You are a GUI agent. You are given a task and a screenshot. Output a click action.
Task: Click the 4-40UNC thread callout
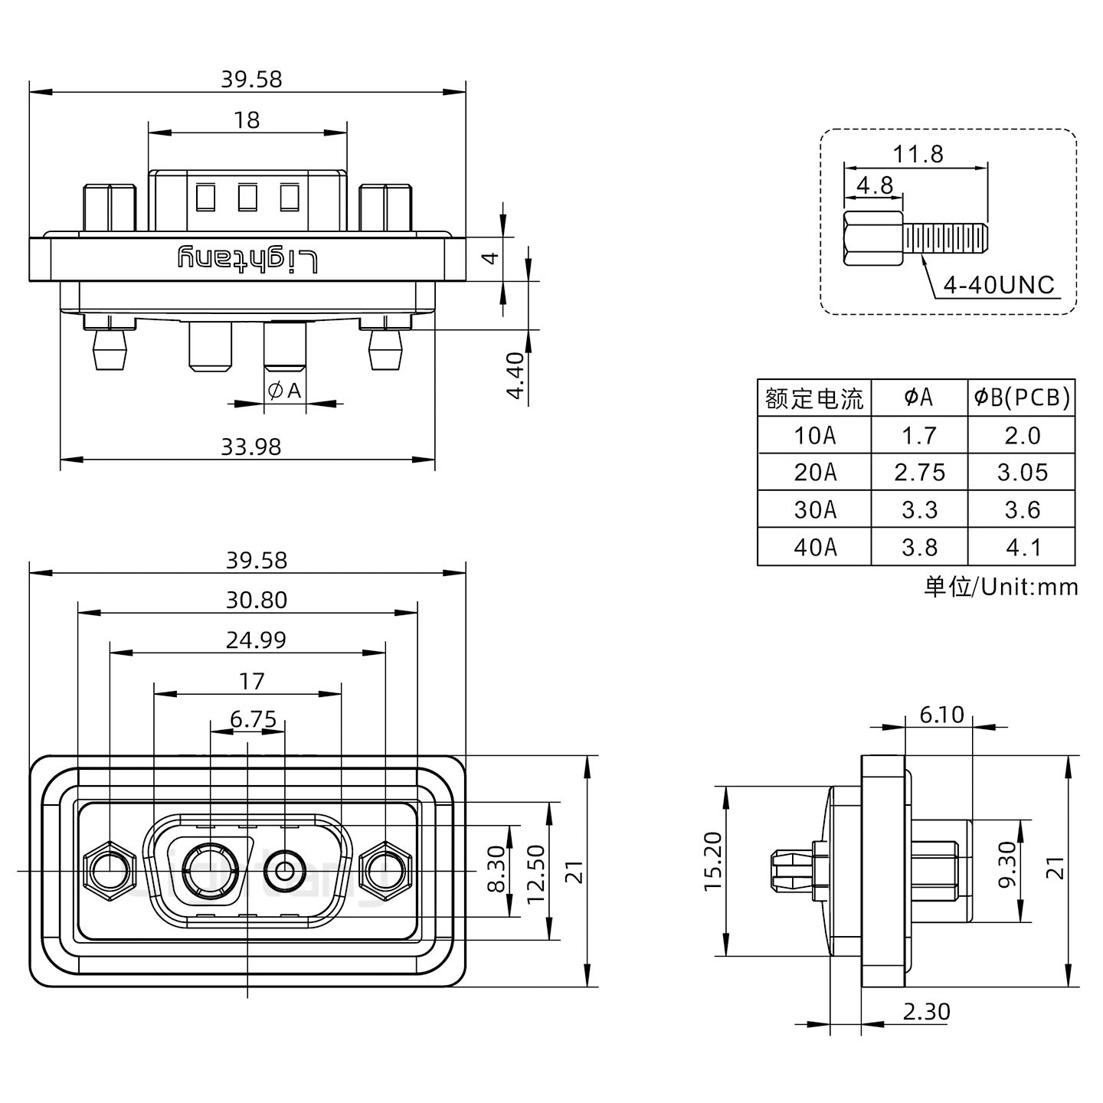(999, 285)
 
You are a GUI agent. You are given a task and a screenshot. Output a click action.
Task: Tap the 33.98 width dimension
(251, 446)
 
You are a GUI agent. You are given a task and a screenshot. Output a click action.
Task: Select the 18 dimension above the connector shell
(247, 120)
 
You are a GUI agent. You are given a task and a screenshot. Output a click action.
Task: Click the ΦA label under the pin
(284, 391)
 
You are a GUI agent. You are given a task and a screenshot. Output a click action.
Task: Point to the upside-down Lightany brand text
(247, 260)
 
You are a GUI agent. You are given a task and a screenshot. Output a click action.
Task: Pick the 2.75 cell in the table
(919, 473)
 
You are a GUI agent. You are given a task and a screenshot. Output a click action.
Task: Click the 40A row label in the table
(815, 547)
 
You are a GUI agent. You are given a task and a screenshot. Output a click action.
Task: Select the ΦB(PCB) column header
(1022, 397)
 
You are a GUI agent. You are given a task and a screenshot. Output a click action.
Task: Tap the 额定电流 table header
(814, 398)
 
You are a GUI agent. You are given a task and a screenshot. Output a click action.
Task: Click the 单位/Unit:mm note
(1000, 587)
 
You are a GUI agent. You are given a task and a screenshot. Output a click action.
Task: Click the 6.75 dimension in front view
(253, 719)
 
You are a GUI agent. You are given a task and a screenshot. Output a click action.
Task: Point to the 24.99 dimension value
(256, 640)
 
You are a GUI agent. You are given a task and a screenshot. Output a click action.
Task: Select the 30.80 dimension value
(256, 600)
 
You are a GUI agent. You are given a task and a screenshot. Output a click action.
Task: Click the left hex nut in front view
(108, 871)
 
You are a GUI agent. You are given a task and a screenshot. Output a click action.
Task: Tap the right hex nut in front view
(385, 871)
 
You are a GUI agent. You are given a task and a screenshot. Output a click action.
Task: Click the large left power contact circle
(209, 871)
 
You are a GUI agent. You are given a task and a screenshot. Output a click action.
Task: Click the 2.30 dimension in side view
(926, 1012)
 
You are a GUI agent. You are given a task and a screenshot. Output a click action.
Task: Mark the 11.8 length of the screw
(918, 154)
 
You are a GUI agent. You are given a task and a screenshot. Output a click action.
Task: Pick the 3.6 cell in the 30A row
(1022, 509)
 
